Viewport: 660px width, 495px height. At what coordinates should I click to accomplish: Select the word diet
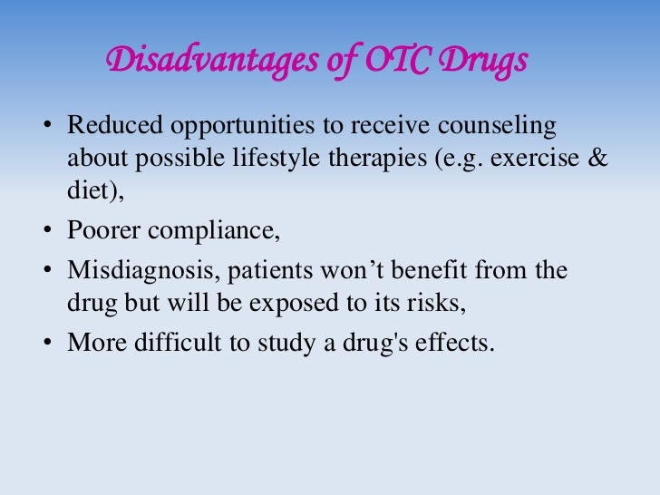[x=85, y=191]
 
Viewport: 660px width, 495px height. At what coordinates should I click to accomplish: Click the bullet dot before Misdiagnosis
[x=47, y=271]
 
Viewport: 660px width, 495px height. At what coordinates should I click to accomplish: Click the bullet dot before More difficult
[x=47, y=345]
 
